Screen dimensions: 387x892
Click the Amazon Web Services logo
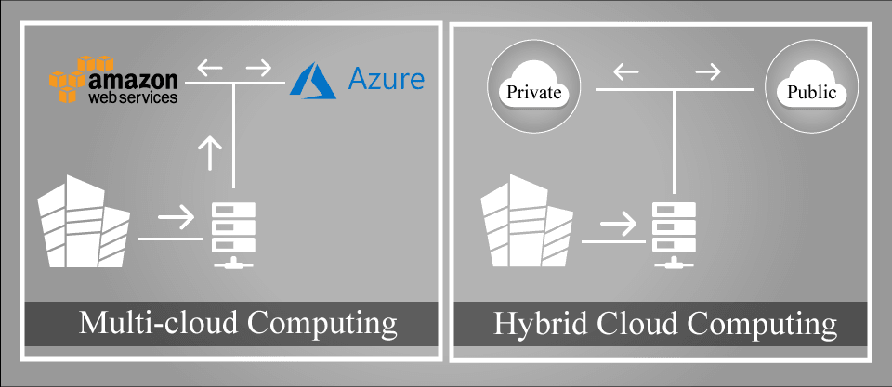point(113,80)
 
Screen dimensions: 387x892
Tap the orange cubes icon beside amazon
point(71,80)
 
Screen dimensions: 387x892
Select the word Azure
point(386,79)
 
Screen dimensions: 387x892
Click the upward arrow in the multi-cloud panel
point(212,151)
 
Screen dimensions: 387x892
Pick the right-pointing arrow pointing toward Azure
point(260,68)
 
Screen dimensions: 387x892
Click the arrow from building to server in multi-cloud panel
point(177,220)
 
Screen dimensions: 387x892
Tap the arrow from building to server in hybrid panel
point(618,224)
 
